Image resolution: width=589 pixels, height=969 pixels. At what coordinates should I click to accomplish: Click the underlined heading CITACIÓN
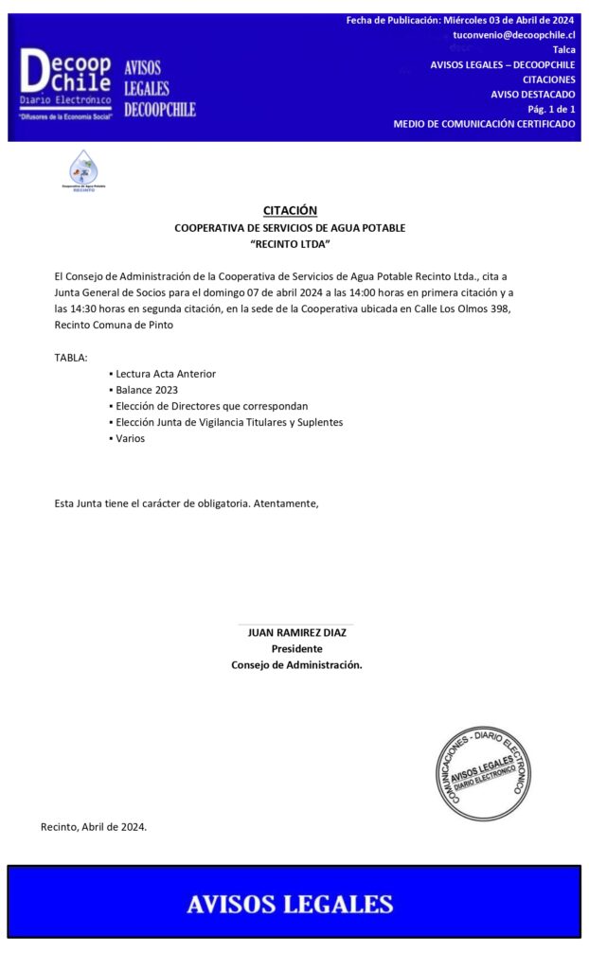(x=290, y=211)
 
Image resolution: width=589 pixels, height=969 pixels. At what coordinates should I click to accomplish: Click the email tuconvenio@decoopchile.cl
(x=514, y=35)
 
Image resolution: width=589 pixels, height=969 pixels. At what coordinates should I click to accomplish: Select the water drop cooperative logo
(x=83, y=170)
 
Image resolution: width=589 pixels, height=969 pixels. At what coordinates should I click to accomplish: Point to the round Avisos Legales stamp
(x=482, y=773)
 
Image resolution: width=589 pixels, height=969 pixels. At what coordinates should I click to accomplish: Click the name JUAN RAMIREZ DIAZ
(x=296, y=632)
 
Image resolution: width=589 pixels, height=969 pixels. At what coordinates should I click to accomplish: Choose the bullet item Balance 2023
(x=147, y=390)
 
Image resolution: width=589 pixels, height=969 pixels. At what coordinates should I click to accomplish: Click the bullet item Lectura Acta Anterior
(x=166, y=374)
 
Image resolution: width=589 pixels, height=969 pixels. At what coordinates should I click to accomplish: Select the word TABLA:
(x=71, y=358)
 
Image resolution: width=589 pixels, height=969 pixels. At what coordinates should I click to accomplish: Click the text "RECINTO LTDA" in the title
(x=290, y=245)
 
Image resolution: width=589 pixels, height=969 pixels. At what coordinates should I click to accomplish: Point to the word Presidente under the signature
(x=296, y=649)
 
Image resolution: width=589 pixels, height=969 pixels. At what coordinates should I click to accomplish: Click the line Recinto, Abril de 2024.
(x=94, y=827)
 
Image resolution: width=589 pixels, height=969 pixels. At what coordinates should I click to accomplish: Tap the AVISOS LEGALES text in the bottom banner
(x=290, y=904)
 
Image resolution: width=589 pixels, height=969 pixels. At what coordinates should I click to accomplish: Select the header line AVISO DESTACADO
(x=532, y=95)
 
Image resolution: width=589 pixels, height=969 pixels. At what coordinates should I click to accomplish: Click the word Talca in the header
(x=563, y=50)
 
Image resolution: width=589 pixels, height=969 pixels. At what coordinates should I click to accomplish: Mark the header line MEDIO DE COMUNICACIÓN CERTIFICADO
(x=484, y=125)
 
